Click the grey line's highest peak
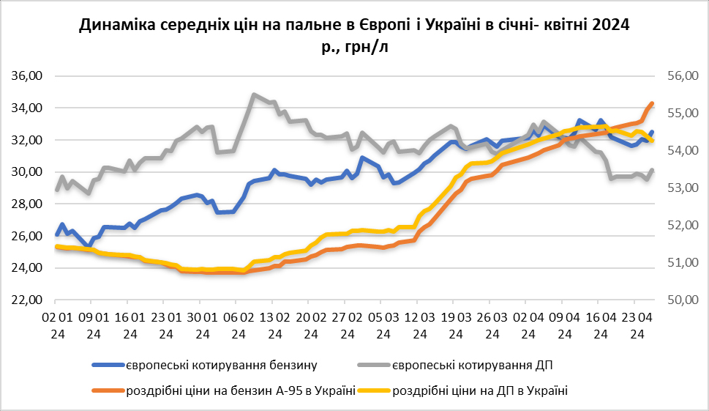[253, 95]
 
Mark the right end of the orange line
[652, 103]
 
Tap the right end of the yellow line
[652, 141]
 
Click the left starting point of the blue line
[56, 235]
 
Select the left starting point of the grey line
[56, 190]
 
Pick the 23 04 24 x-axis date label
[637, 325]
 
